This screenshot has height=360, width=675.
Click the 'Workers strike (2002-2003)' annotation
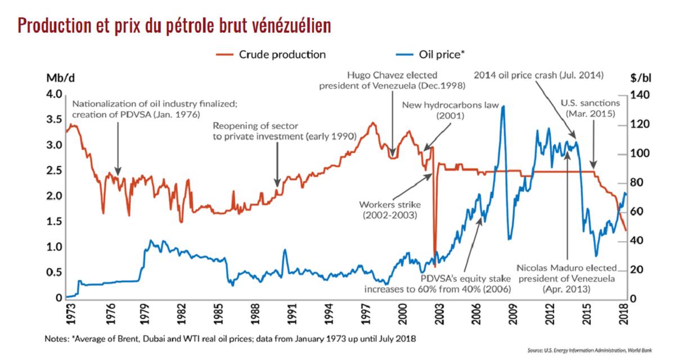coord(389,210)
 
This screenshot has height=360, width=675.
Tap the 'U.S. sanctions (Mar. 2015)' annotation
coord(590,109)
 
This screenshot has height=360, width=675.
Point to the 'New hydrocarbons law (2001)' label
coord(451,111)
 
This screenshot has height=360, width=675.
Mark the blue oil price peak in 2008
coord(502,106)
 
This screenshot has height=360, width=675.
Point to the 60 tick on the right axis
coord(639,212)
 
